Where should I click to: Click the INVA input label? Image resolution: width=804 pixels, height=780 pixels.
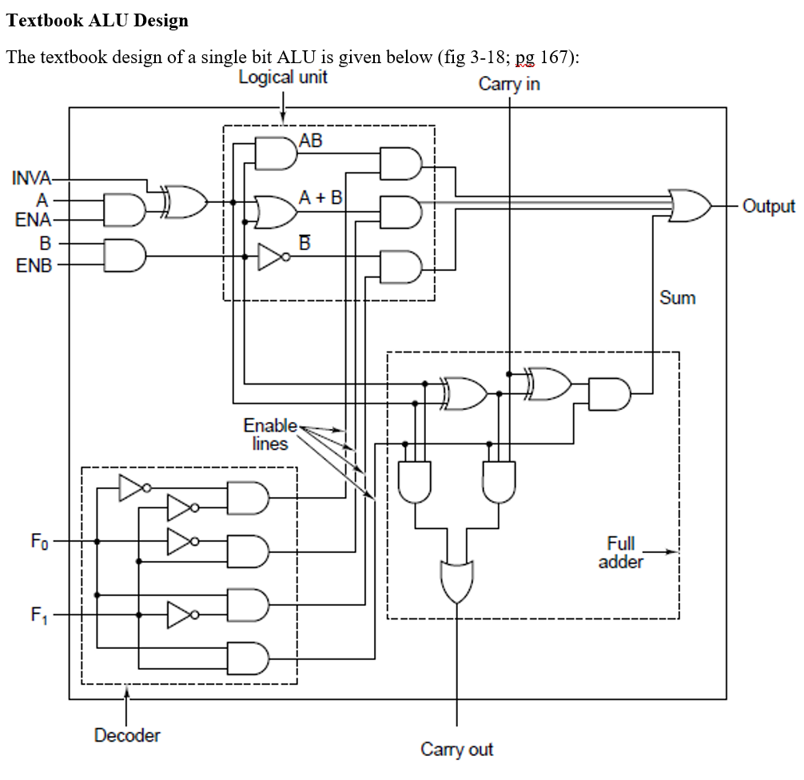pyautogui.click(x=31, y=177)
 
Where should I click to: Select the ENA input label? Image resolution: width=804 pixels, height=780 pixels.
pyautogui.click(x=33, y=220)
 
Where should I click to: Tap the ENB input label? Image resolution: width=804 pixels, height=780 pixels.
pyautogui.click(x=33, y=264)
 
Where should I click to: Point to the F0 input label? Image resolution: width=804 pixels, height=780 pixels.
pyautogui.click(x=39, y=542)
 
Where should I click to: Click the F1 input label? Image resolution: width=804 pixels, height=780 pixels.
pyautogui.click(x=39, y=615)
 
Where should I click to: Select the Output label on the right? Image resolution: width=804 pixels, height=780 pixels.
pyautogui.click(x=768, y=206)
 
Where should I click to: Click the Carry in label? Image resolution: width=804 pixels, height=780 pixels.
pyautogui.click(x=509, y=84)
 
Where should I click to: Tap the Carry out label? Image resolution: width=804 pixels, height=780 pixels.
pyautogui.click(x=457, y=749)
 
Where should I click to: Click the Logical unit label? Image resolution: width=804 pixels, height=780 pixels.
pyautogui.click(x=283, y=78)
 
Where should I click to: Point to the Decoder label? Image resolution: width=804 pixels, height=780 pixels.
pyautogui.click(x=127, y=734)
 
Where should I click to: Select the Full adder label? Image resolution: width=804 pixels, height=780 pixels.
pyautogui.click(x=620, y=552)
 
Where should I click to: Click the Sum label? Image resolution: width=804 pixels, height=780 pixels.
pyautogui.click(x=677, y=298)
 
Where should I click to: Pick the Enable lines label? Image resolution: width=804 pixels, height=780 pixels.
pyautogui.click(x=270, y=434)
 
